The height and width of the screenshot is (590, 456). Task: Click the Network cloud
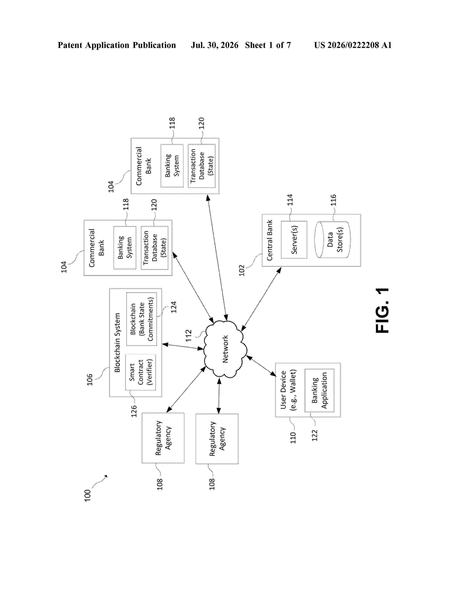[x=225, y=349]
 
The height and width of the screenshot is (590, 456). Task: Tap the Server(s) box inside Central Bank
[x=294, y=240]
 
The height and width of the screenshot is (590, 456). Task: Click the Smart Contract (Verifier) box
[x=141, y=372]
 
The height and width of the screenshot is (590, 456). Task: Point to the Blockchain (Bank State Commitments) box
[x=142, y=319]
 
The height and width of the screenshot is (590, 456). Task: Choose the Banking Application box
[x=319, y=390]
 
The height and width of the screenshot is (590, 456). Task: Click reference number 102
[x=242, y=270]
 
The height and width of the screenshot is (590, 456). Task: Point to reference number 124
[x=174, y=307]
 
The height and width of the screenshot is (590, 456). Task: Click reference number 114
[x=290, y=200]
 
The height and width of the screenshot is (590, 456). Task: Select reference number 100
[x=87, y=495]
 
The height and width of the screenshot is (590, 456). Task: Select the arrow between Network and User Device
[x=261, y=366]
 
